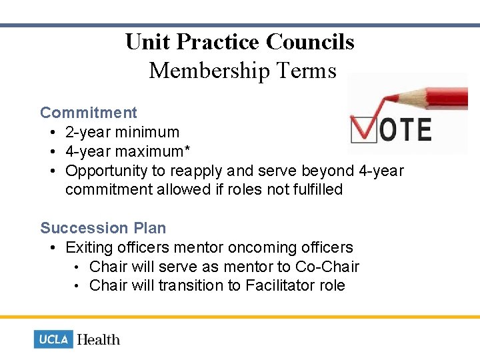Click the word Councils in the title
310,42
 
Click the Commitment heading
88,113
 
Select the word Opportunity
107,171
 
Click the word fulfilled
317,189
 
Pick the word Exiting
87,247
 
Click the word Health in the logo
98,339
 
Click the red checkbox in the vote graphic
363,129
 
